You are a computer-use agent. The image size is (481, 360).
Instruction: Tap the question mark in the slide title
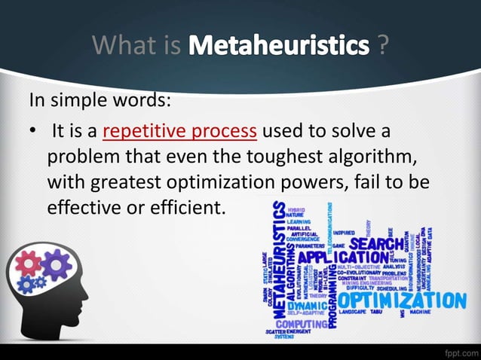point(384,45)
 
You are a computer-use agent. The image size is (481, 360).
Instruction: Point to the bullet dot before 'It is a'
point(33,132)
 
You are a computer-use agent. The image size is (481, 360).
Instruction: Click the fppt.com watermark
point(460,351)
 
